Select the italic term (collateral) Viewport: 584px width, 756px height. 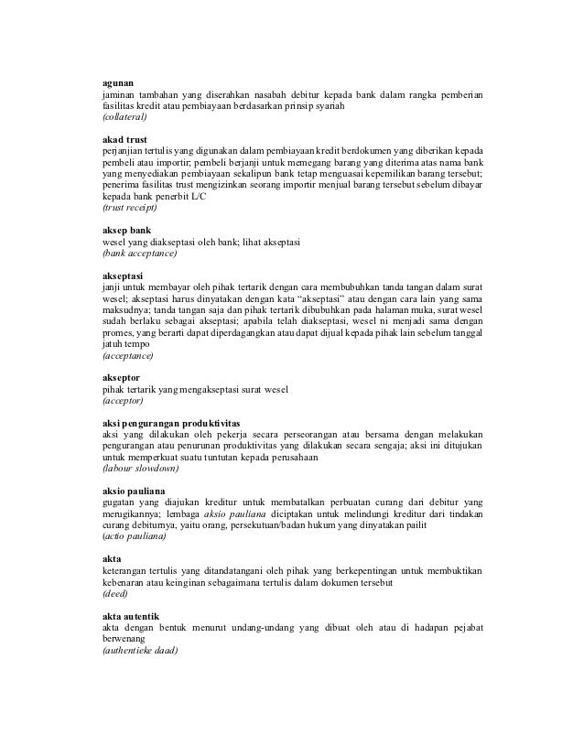130,119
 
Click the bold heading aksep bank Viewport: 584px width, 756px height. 125,229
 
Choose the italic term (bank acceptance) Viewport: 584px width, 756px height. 139,253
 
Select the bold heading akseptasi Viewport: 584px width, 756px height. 123,274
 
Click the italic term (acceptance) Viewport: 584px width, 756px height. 128,354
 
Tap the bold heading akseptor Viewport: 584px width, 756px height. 122,375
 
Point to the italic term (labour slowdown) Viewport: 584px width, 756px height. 140,468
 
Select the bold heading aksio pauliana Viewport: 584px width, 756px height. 133,490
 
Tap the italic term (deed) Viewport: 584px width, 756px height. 114,592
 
